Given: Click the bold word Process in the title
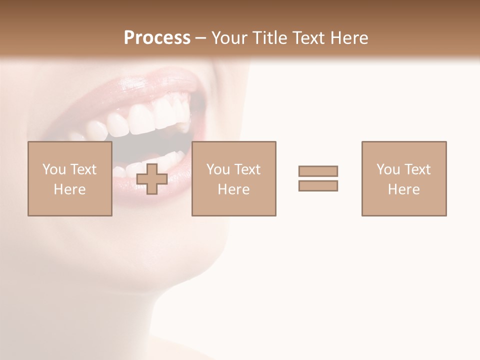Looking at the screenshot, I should pyautogui.click(x=157, y=38).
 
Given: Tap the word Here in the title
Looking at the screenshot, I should pyautogui.click(x=348, y=38).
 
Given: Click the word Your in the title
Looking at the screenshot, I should pyautogui.click(x=229, y=38).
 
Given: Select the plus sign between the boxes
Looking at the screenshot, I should pyautogui.click(x=152, y=178).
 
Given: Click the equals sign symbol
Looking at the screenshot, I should pyautogui.click(x=318, y=178).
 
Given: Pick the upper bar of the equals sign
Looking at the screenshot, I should pyautogui.click(x=318, y=171).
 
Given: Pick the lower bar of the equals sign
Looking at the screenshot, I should pyautogui.click(x=318, y=185).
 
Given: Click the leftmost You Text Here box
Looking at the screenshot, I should pyautogui.click(x=69, y=178).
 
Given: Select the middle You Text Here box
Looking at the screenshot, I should pyautogui.click(x=233, y=178).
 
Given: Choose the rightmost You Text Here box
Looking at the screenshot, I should pyautogui.click(x=403, y=178).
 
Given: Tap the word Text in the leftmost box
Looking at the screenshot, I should pyautogui.click(x=83, y=169).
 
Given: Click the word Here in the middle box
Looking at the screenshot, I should pyautogui.click(x=233, y=189).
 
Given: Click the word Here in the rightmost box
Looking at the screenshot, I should pyautogui.click(x=403, y=189).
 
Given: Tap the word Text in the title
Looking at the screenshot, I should pyautogui.click(x=308, y=38).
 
